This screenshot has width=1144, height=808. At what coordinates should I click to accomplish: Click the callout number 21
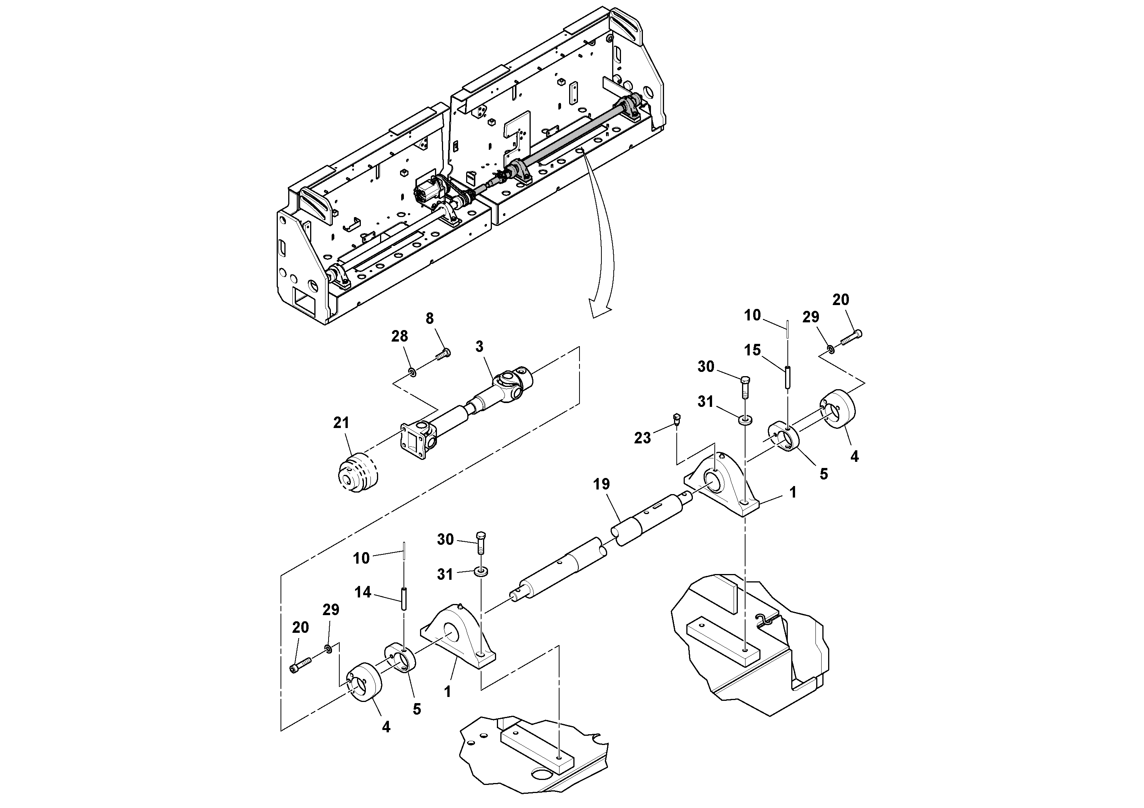341,423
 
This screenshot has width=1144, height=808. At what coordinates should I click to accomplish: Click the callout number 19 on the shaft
601,484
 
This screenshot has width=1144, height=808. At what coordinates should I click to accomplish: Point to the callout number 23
642,438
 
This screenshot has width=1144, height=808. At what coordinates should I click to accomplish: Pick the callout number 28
400,336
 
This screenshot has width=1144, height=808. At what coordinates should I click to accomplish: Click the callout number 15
752,350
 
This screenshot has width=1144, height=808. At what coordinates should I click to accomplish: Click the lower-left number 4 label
386,727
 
